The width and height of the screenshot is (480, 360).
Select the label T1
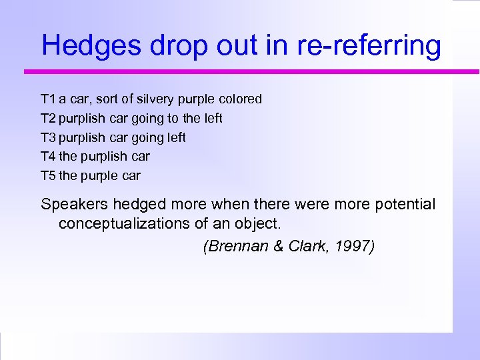tap(48, 99)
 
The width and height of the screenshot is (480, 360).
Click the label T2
tap(48, 119)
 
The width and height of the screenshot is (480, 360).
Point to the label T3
tap(48, 138)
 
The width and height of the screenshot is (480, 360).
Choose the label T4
tap(48, 157)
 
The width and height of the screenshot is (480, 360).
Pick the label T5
tap(48, 176)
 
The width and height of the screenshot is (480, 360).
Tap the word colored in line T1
tap(239, 99)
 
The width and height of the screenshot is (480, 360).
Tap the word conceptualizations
tap(140, 223)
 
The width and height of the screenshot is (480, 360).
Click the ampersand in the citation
tap(279, 247)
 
